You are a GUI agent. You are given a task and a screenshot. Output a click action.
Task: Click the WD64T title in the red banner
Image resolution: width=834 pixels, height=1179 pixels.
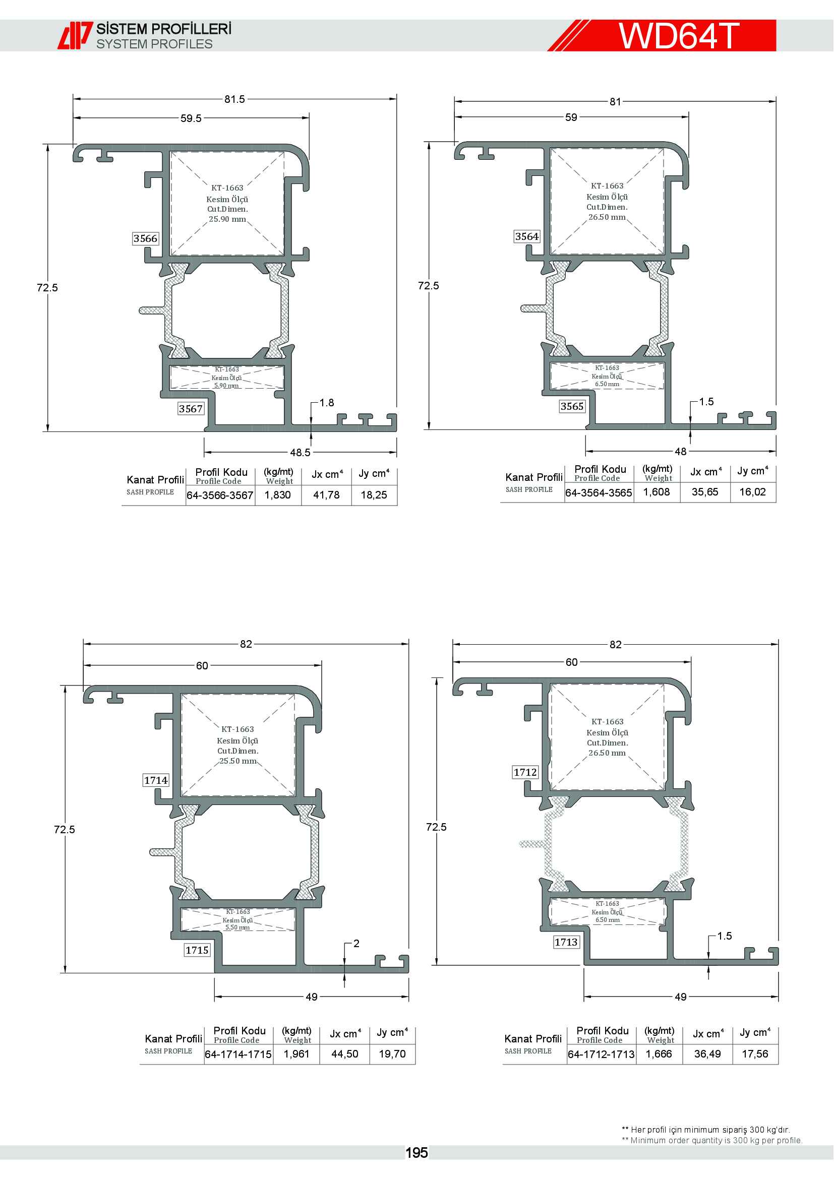click(x=678, y=36)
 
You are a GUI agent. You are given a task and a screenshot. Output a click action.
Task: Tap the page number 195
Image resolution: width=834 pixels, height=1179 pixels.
click(x=416, y=1153)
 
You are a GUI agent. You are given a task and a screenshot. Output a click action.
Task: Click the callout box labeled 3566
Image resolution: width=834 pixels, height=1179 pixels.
click(x=145, y=238)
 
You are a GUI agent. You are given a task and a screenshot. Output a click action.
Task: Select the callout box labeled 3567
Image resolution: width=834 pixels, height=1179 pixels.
click(x=191, y=409)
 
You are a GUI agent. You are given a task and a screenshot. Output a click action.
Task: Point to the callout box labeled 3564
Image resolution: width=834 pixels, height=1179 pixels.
click(x=527, y=236)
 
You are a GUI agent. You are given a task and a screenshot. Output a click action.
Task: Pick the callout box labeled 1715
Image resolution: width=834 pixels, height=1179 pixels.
click(x=197, y=950)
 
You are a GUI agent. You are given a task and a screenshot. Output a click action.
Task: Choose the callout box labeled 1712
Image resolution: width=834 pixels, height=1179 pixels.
click(x=525, y=772)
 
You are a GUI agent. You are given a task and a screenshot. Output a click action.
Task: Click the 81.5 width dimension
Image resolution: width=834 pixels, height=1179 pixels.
click(x=234, y=99)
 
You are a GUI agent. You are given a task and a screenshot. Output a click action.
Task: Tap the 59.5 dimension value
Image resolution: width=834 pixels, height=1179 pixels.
click(x=191, y=118)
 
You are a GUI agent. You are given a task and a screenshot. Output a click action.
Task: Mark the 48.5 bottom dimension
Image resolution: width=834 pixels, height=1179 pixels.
click(x=301, y=452)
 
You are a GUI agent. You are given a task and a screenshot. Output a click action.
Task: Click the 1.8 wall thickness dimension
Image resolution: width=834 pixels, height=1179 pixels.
click(x=327, y=403)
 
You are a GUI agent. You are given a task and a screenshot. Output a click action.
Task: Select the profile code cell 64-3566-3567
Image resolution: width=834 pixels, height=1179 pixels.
click(x=220, y=495)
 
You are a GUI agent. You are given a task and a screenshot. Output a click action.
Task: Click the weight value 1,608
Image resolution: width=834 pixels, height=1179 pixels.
click(x=657, y=492)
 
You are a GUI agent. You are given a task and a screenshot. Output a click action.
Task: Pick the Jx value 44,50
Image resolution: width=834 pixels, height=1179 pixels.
click(x=344, y=1054)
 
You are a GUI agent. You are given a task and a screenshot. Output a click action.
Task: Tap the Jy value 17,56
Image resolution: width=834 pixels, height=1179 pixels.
click(x=755, y=1054)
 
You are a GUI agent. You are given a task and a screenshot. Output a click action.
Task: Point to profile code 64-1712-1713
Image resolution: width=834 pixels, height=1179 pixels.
click(x=602, y=1054)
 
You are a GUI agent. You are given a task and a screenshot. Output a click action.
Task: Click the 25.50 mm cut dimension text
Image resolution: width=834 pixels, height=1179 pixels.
click(x=238, y=761)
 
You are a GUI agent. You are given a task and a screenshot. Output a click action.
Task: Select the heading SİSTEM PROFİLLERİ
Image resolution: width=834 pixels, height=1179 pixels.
click(x=164, y=29)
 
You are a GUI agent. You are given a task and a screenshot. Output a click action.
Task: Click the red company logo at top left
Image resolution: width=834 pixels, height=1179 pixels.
click(x=75, y=35)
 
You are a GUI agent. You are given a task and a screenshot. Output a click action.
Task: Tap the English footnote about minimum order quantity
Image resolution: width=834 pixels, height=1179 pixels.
click(x=712, y=1141)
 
